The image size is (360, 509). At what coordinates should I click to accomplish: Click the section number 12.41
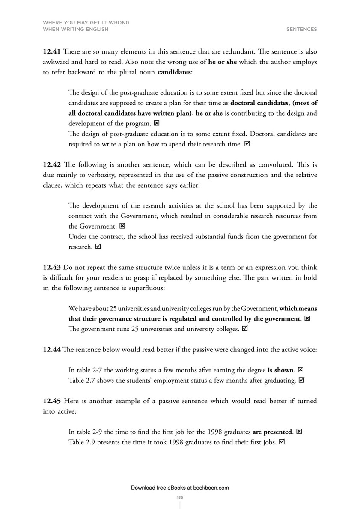click(x=51, y=51)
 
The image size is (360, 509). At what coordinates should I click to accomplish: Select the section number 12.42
click(x=51, y=164)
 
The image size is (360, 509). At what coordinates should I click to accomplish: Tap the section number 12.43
click(x=51, y=268)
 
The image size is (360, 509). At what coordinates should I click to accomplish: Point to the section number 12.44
click(x=51, y=349)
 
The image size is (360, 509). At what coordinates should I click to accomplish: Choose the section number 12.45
click(x=51, y=401)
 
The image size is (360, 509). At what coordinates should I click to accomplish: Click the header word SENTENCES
click(x=302, y=29)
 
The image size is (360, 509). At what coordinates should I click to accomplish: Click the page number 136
click(x=180, y=497)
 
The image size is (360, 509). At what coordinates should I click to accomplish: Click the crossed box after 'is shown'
click(x=300, y=370)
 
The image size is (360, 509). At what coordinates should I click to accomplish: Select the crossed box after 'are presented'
click(x=299, y=432)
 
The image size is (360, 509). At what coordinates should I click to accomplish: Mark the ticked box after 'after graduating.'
click(x=301, y=380)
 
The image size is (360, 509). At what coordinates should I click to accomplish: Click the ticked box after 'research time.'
click(x=247, y=144)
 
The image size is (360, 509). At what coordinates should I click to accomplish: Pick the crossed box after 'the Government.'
click(x=122, y=226)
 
